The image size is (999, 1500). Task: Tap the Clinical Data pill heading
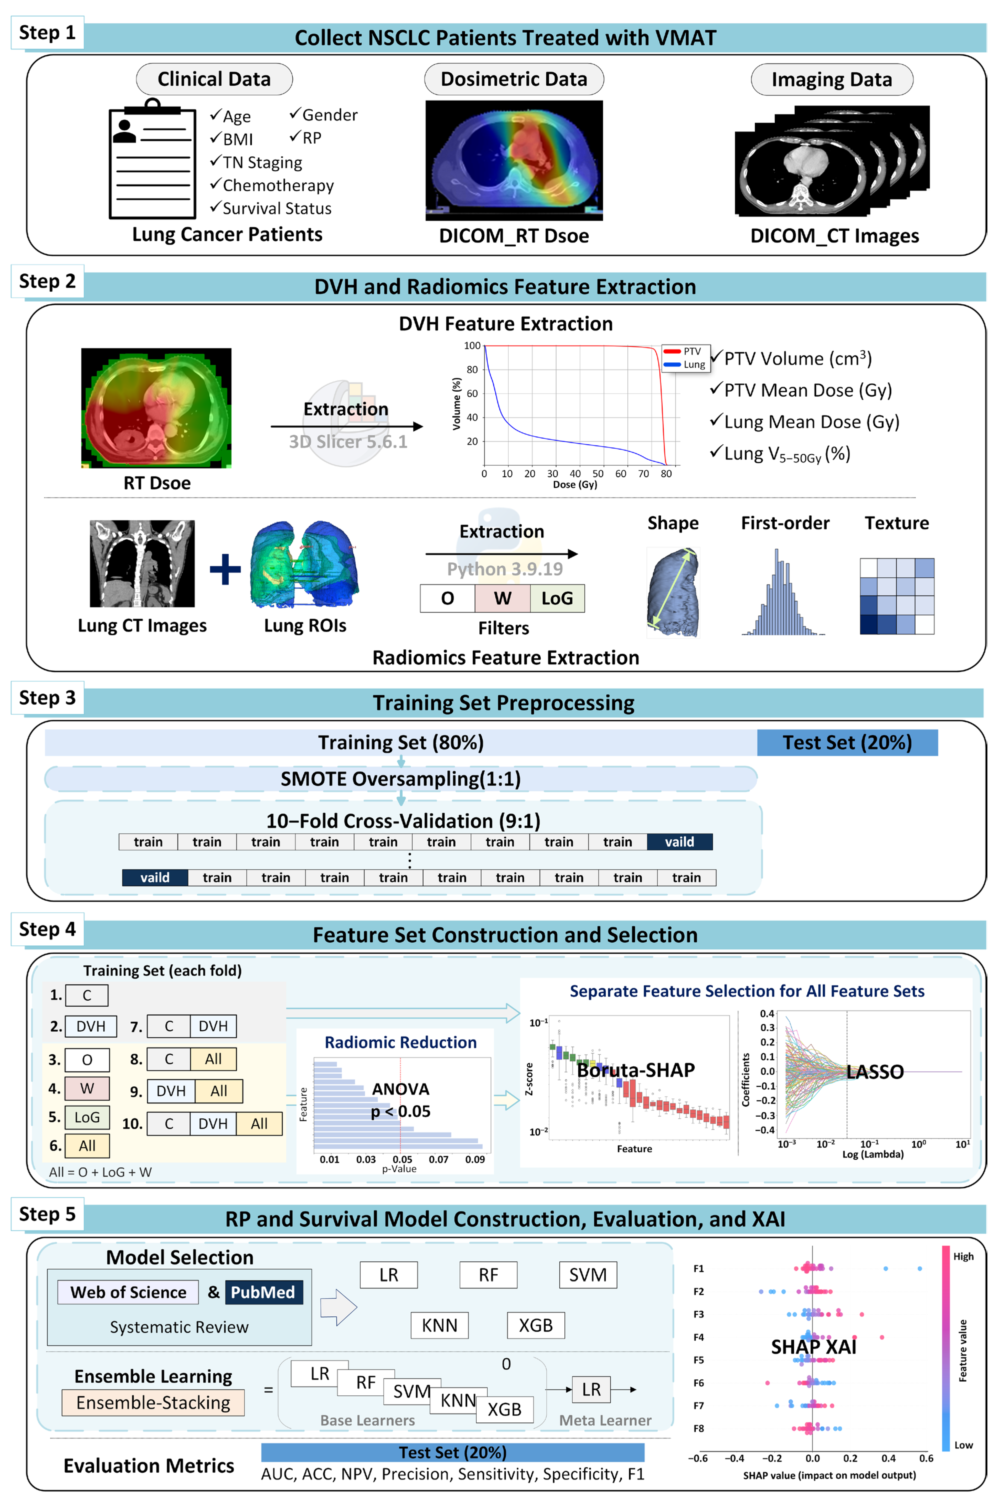click(x=214, y=79)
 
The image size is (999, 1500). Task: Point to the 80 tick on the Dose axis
click(x=666, y=473)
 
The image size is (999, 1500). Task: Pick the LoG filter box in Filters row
click(x=557, y=598)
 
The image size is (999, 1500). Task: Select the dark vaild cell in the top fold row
click(x=679, y=842)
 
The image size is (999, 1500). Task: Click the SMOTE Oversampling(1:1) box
click(x=401, y=779)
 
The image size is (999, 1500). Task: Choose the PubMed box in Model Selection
click(x=263, y=1292)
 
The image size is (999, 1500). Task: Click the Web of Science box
click(x=128, y=1292)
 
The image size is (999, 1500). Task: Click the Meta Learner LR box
click(x=591, y=1389)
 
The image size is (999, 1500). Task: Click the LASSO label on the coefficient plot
click(x=875, y=1072)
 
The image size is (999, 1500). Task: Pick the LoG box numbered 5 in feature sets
click(x=87, y=1117)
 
